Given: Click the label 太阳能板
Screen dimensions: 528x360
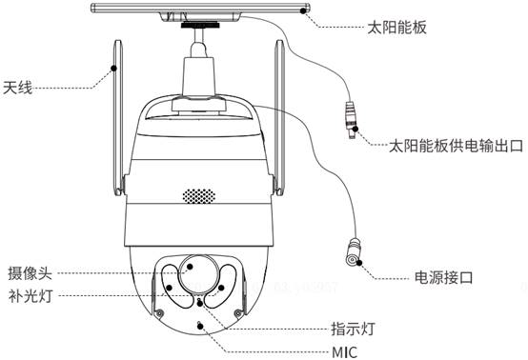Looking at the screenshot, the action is tap(396, 28).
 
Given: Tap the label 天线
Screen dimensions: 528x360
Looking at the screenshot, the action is tap(17, 88).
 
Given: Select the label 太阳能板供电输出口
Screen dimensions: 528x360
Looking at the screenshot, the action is tap(456, 146).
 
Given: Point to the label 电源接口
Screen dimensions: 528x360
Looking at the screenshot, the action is tap(443, 277).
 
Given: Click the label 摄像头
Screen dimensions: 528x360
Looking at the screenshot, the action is tap(30, 273).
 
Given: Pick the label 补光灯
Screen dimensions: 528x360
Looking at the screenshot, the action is tap(30, 296).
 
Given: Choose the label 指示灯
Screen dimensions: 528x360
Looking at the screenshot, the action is tap(353, 329).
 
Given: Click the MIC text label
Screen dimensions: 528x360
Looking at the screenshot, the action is tap(344, 352).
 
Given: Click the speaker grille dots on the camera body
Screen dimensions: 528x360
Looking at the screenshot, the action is tap(198, 196).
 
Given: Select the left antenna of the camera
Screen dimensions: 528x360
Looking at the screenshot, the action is tap(117, 118).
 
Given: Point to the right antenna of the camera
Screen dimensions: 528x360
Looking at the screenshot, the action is tap(279, 118).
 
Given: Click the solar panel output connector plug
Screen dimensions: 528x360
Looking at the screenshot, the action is tap(351, 119).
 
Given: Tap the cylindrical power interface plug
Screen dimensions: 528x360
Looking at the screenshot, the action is tap(354, 252).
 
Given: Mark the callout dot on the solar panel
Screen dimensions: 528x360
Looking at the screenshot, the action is tap(303, 10).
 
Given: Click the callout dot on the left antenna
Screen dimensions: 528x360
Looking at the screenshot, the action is tap(113, 69).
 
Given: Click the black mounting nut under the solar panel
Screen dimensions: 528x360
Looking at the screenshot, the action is tap(200, 25).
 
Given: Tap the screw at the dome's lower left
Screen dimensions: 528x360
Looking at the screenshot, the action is tap(160, 312).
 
